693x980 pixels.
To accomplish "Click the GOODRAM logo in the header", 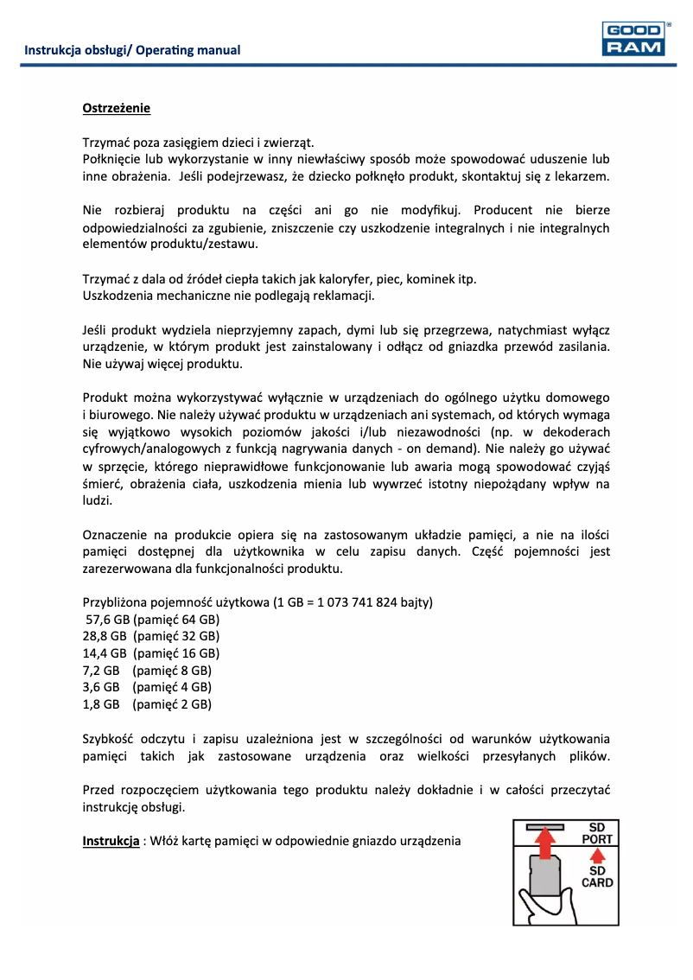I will (636, 39).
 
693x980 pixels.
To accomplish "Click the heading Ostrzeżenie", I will (116, 108).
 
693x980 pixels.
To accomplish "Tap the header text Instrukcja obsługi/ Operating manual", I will (132, 50).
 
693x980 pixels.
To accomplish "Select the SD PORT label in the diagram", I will (596, 833).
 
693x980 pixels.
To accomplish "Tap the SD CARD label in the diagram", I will (596, 876).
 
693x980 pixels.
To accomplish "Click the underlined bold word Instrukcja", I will (111, 841).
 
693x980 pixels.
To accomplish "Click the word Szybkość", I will (111, 739).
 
